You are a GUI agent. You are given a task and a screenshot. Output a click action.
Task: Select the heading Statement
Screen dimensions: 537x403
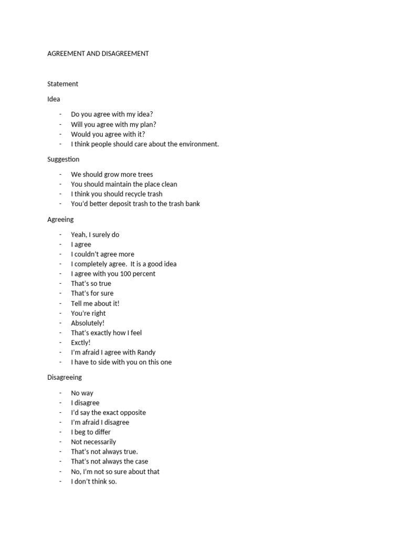pos(62,84)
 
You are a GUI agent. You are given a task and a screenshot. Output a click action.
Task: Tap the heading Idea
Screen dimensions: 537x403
pos(54,99)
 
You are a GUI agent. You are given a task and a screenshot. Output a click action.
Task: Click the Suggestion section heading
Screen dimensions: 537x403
pos(63,159)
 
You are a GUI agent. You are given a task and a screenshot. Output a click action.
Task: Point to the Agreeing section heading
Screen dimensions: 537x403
pos(60,220)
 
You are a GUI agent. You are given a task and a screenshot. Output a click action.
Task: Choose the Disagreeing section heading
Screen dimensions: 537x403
pos(65,378)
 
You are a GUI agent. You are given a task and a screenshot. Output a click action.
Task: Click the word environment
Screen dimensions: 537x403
pos(199,144)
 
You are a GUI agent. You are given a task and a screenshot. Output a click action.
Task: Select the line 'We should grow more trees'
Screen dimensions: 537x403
pos(112,175)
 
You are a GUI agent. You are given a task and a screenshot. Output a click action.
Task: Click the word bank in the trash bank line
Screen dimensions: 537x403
pos(191,204)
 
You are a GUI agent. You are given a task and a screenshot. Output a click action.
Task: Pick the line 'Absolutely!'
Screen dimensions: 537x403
pos(88,323)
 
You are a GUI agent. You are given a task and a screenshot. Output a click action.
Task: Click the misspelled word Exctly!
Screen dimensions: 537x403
pos(81,343)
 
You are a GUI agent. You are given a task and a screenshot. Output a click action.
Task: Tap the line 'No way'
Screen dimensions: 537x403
pos(82,393)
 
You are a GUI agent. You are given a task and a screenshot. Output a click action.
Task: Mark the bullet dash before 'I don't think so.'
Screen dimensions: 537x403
pos(60,481)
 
